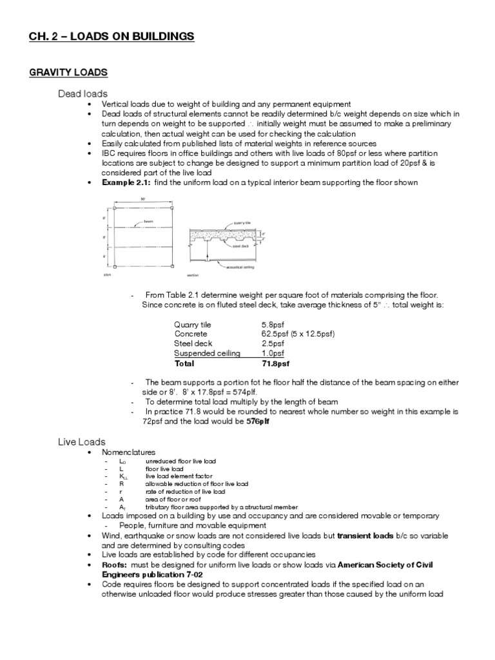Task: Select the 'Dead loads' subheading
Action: [x=82, y=94]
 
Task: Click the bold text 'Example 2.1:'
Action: [x=123, y=182]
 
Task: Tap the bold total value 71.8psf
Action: [x=275, y=363]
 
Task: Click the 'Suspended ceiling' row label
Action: [x=207, y=353]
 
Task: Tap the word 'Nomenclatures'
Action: [x=129, y=452]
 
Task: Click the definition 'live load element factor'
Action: [x=179, y=475]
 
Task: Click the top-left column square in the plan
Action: [x=114, y=208]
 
